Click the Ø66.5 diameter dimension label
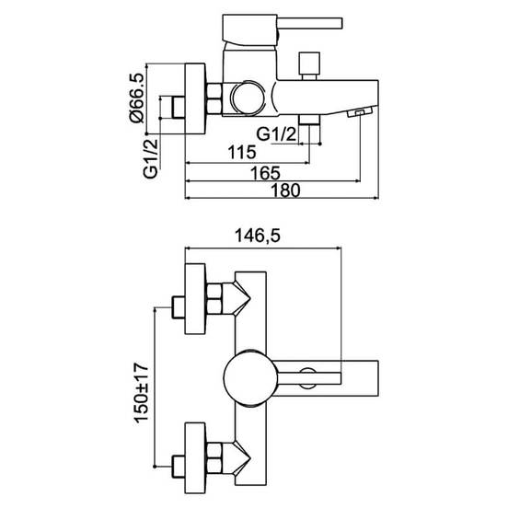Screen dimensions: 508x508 click(136, 98)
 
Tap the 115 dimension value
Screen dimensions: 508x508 click(242, 152)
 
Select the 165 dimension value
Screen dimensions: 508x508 click(265, 173)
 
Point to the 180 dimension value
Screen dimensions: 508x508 click(285, 190)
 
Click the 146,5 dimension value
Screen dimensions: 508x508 click(258, 236)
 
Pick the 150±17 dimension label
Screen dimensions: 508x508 click(141, 393)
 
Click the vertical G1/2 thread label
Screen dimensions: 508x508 click(151, 158)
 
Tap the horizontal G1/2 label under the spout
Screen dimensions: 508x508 click(276, 133)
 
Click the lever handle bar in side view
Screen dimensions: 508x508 click(310, 23)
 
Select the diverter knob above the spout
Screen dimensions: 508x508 click(310, 65)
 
